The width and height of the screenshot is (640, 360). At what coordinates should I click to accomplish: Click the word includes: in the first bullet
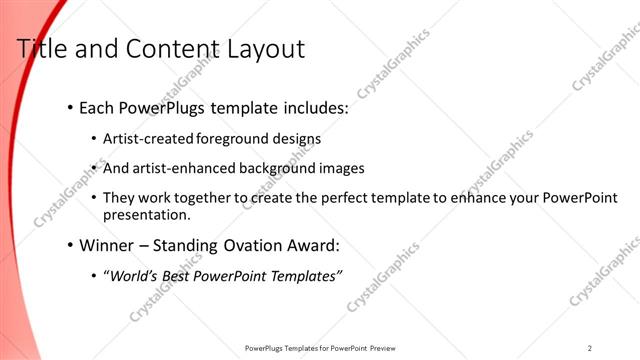pyautogui.click(x=313, y=106)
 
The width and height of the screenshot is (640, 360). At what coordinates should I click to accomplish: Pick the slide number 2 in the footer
pyautogui.click(x=590, y=348)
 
